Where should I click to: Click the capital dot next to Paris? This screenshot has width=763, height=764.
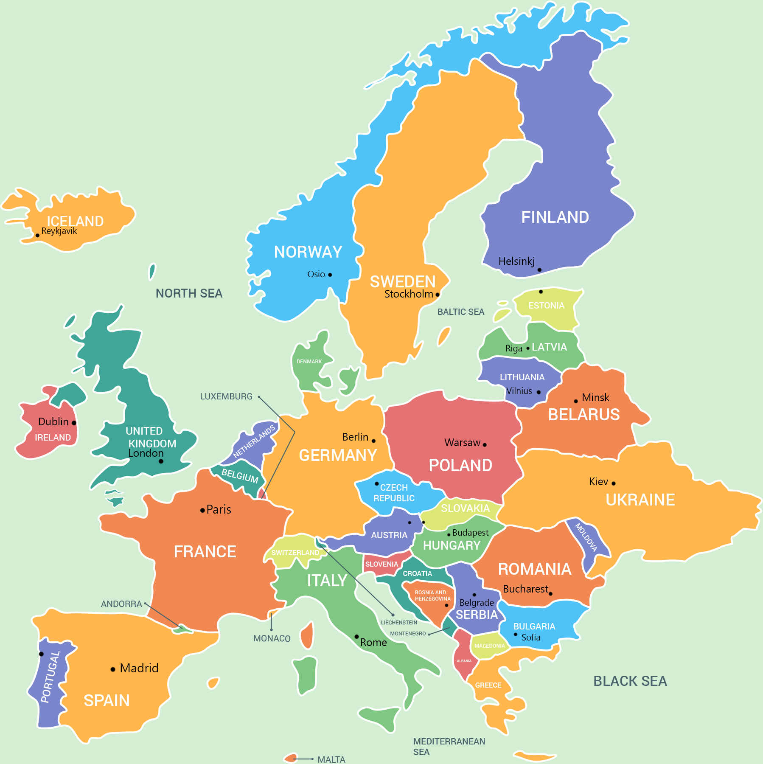click(x=202, y=510)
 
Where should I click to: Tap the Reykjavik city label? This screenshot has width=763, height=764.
click(x=59, y=231)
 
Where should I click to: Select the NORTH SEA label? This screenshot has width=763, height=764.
click(x=189, y=293)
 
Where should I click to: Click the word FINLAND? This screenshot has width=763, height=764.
click(x=555, y=217)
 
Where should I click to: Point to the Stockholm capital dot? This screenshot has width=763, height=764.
click(x=438, y=295)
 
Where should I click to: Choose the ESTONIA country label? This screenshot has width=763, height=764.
click(x=546, y=306)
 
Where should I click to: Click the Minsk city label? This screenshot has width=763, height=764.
click(x=595, y=398)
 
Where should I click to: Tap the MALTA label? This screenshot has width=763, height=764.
click(x=331, y=759)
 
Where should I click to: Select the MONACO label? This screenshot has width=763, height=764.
click(x=272, y=638)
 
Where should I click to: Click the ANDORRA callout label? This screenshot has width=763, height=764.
click(x=121, y=604)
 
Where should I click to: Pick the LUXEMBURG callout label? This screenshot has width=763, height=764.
click(x=226, y=396)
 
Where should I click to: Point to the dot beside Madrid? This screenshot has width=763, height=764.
click(x=113, y=669)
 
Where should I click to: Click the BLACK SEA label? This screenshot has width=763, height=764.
click(x=630, y=681)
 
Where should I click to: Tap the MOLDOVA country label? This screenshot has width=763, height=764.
click(x=586, y=537)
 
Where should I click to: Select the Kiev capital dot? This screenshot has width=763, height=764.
click(x=614, y=483)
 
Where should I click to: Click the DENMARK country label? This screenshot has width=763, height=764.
click(x=309, y=362)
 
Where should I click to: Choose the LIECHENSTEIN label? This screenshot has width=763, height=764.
click(x=399, y=623)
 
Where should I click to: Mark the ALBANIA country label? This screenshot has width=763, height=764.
click(x=464, y=661)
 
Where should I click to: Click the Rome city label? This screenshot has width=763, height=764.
click(x=373, y=643)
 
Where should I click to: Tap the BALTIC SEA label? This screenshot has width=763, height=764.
click(x=460, y=312)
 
